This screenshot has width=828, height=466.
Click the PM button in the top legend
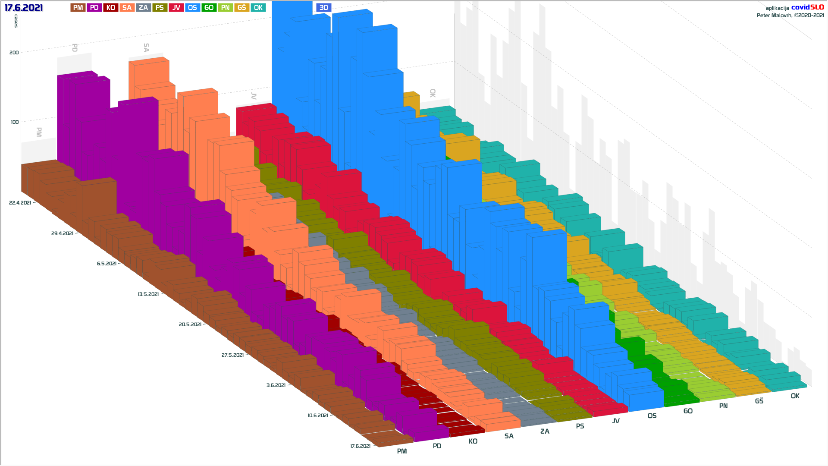[78, 8]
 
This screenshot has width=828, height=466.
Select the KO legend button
[110, 8]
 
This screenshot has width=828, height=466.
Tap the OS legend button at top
[192, 8]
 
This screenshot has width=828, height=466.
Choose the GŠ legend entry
[241, 8]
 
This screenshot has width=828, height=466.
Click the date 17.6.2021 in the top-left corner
[24, 8]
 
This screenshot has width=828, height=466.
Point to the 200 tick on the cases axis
[14, 53]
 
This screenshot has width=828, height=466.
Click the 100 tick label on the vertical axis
[15, 122]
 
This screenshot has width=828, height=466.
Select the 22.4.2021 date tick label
[20, 203]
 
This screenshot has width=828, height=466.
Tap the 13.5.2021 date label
[148, 294]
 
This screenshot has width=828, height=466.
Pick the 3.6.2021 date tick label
[276, 385]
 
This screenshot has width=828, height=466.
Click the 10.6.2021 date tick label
[318, 416]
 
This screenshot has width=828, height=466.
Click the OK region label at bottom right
[795, 396]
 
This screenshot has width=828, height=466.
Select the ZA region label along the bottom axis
[545, 431]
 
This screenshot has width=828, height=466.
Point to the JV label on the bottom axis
[615, 421]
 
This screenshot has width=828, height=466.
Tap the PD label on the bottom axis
[437, 446]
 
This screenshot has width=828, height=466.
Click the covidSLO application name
[807, 7]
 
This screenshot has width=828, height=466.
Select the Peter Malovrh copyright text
[790, 16]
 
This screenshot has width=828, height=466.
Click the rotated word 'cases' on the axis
[16, 21]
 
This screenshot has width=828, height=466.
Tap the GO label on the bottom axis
[688, 411]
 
